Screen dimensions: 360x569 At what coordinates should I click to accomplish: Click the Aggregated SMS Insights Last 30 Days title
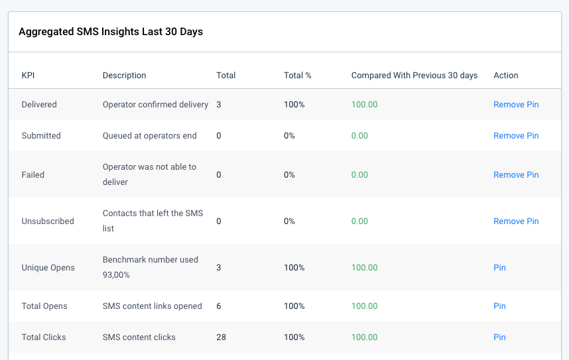111,32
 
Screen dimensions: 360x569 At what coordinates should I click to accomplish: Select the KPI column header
29,76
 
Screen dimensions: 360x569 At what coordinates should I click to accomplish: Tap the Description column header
124,76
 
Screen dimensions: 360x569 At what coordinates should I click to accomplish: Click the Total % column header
297,76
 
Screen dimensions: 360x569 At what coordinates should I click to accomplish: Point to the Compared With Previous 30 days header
414,76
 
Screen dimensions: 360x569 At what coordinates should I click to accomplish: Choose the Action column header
505,76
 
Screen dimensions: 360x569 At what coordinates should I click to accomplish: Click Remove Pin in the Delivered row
516,105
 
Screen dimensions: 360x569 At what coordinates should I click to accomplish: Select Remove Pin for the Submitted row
516,136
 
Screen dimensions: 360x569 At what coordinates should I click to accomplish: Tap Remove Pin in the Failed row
516,175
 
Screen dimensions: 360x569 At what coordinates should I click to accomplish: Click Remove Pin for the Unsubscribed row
516,221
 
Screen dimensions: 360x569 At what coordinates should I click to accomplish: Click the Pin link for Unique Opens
499,268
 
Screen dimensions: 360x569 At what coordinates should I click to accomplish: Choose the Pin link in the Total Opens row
499,306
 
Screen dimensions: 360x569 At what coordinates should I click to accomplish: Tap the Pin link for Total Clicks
499,337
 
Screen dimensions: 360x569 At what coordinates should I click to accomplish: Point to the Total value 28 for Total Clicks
221,337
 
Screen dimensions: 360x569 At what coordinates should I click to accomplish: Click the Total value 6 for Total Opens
219,306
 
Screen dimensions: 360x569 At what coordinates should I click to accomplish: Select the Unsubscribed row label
48,221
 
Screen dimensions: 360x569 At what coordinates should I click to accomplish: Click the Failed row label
33,175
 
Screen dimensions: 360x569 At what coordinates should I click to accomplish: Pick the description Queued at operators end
149,136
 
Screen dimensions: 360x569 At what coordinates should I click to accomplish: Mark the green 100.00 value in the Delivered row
364,105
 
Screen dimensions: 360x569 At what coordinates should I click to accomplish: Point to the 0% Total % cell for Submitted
289,136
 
